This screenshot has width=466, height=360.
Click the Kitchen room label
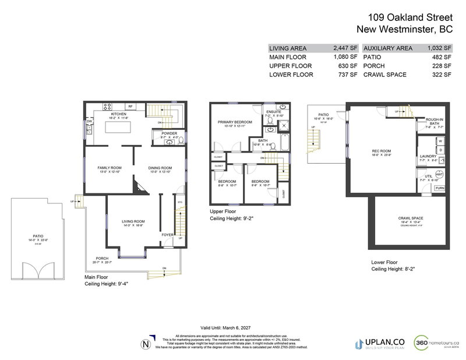(119, 114)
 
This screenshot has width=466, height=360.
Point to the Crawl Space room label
(411, 218)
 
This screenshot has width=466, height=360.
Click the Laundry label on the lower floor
(428, 156)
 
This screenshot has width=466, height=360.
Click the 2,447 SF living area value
(344, 48)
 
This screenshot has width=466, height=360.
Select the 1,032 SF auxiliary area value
(439, 48)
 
